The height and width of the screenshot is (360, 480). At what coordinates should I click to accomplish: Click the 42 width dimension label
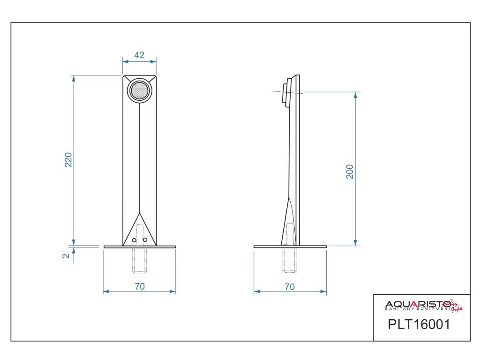tap(139, 55)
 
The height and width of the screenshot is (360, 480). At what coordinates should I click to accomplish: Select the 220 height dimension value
tap(68, 159)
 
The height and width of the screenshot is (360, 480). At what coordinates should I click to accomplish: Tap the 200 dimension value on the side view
tap(350, 172)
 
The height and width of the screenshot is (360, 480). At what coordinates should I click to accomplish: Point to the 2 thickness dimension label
tap(66, 255)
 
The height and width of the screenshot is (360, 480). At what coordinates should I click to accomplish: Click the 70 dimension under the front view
tap(140, 286)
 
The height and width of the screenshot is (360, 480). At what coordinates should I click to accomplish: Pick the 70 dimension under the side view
tap(290, 287)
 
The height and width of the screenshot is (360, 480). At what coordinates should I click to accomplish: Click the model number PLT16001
tap(419, 324)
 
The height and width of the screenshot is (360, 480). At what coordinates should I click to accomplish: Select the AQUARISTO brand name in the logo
tap(418, 304)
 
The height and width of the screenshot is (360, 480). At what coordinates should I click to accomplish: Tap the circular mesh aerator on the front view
tap(140, 90)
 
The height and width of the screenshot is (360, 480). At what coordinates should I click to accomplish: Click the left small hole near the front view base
tap(134, 240)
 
